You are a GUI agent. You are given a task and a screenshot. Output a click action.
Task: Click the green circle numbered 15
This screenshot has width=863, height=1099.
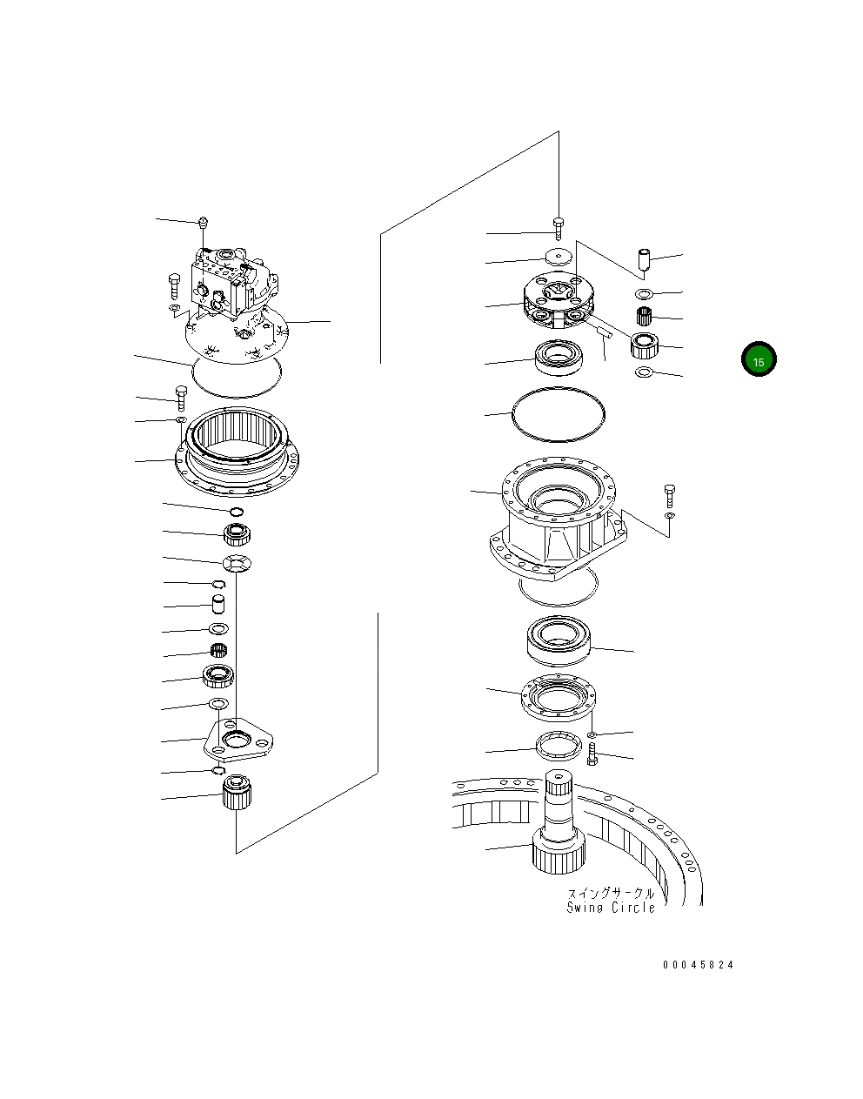[758, 359]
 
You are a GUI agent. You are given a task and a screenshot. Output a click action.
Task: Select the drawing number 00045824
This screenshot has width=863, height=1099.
[698, 965]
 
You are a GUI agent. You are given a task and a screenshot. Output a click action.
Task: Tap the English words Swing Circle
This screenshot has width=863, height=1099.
[610, 908]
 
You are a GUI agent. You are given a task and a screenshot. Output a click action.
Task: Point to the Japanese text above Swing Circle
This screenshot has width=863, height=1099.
[610, 893]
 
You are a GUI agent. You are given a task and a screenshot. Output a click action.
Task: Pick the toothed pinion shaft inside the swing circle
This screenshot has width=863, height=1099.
[556, 827]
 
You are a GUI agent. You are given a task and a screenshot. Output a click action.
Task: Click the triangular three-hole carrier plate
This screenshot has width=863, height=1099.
[236, 739]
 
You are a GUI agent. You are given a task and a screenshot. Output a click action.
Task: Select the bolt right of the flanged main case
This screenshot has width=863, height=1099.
[668, 496]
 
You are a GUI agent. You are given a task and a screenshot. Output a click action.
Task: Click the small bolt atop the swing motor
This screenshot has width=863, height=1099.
[202, 224]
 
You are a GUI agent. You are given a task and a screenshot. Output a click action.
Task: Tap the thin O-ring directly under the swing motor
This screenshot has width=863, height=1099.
[237, 376]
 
